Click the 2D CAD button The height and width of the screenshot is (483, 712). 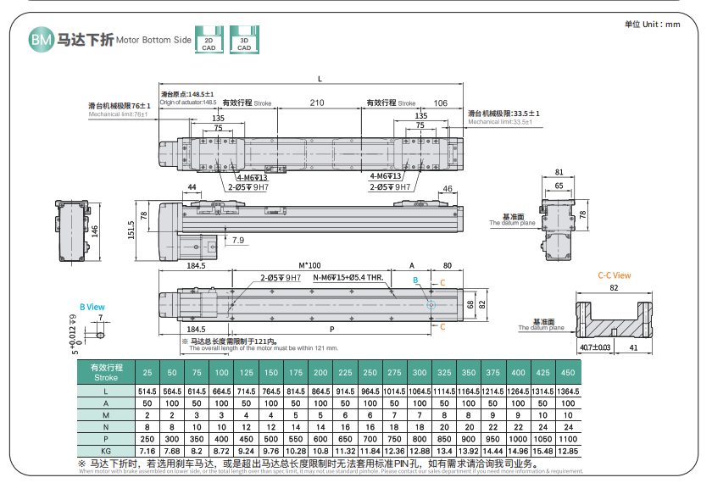pos(209,43)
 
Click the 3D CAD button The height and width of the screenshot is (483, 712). pos(244,43)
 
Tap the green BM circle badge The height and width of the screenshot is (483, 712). pos(40,39)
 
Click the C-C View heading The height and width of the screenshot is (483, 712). pos(614,275)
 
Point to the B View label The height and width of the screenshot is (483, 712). pos(92,307)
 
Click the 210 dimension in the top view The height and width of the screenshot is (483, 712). pos(317,103)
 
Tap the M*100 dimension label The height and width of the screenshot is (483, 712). pos(312,266)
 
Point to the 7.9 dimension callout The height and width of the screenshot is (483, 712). pos(236,241)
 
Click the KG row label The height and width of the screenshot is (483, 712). pos(106,452)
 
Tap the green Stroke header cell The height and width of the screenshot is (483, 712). pos(106,373)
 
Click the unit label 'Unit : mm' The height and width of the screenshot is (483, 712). pos(653,25)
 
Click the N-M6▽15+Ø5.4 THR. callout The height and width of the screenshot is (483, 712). pos(349,277)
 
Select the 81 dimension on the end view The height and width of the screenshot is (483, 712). pos(558,172)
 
